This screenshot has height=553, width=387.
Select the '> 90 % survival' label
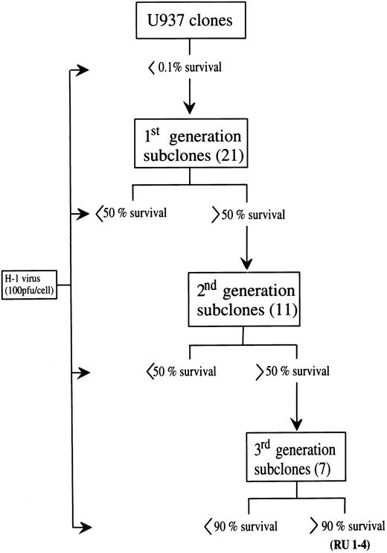343,525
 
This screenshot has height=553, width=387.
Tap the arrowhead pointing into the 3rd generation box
298,426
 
